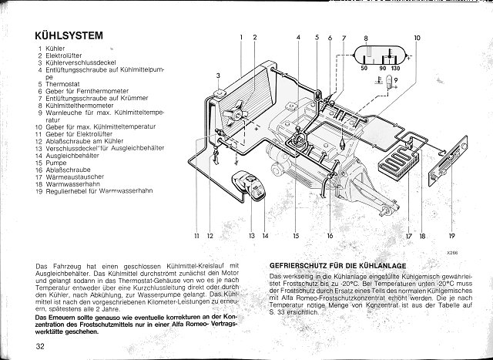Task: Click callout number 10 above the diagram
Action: point(417,38)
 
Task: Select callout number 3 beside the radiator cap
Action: point(219,75)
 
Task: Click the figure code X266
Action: point(452,251)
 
